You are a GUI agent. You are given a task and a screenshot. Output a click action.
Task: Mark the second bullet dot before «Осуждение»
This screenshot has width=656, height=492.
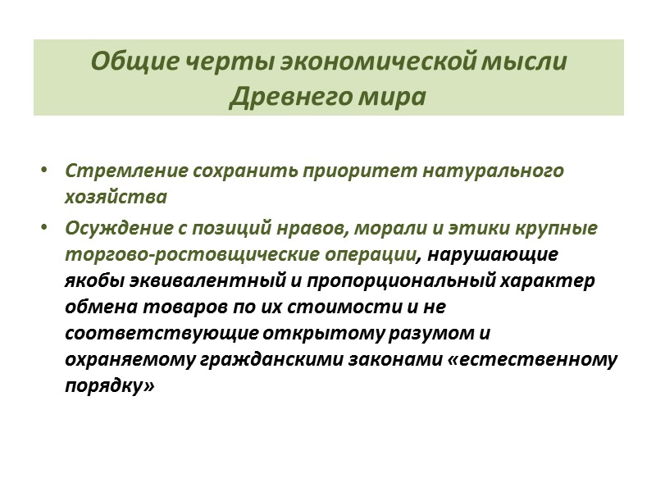coord(43,228)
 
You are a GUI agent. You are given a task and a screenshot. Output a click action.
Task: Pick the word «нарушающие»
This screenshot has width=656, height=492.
coord(490,254)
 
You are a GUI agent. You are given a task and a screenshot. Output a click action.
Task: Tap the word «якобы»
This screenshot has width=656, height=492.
coord(93,280)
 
